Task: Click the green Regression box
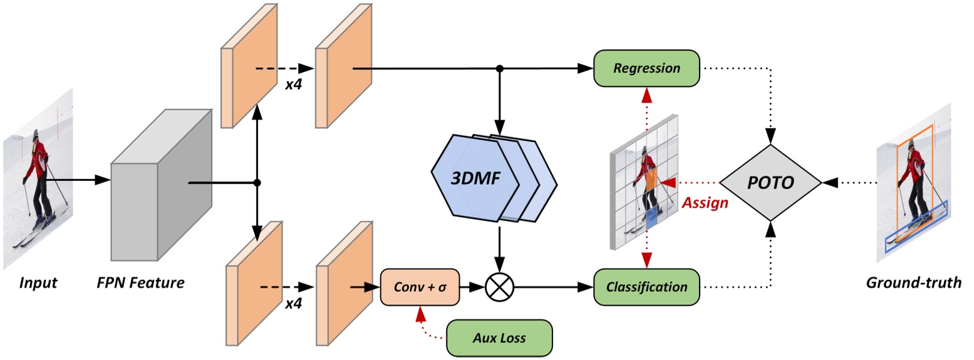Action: tap(646, 68)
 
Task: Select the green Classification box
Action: tap(646, 287)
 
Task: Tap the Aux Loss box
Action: tap(499, 337)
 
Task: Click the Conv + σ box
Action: tap(420, 287)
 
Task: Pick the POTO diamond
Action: tap(770, 183)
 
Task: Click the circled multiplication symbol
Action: tap(499, 287)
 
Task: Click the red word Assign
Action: tap(705, 203)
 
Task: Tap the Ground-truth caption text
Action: tap(913, 282)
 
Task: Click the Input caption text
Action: tap(38, 282)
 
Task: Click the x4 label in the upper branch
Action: tap(294, 84)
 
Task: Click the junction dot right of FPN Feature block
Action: tap(257, 183)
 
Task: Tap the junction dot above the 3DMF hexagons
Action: tap(499, 68)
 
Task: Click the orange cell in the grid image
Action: tap(652, 180)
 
